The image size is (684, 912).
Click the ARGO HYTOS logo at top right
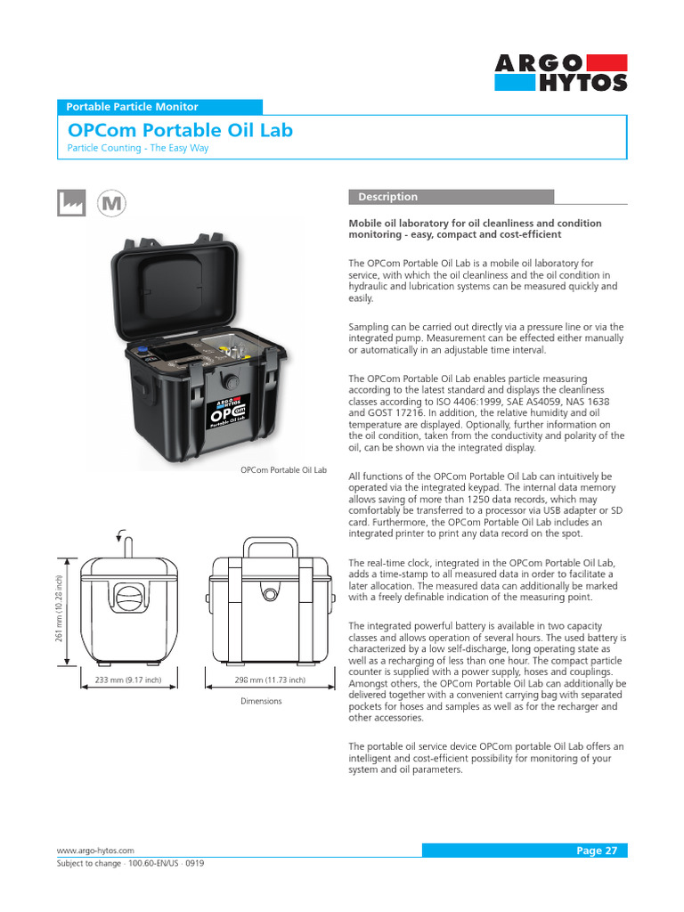point(561,72)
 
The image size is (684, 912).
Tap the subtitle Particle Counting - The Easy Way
point(138,148)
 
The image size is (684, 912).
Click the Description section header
point(387,197)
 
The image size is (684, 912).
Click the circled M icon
point(111,203)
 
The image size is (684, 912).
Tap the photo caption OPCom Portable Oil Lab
point(284,469)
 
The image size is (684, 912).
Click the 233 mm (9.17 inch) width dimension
point(128,680)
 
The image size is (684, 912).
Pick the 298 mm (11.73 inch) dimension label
point(270,680)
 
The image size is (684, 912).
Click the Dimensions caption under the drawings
point(261,701)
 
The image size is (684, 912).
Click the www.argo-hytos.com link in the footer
point(95,851)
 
